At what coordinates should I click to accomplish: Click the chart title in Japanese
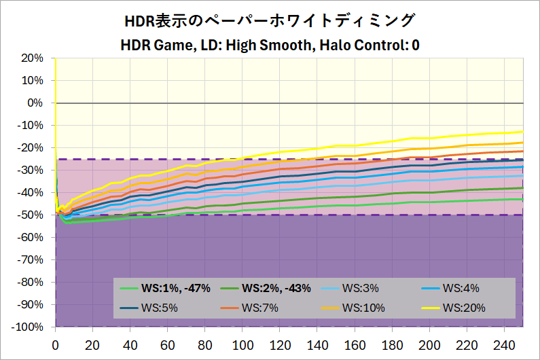[x=270, y=20]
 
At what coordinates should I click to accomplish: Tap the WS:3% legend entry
[x=359, y=287]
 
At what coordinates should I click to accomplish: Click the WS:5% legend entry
[x=159, y=308]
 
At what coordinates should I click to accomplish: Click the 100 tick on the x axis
[x=242, y=344]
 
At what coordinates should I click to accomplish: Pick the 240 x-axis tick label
[x=504, y=344]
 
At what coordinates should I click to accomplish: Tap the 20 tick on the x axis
[x=93, y=344]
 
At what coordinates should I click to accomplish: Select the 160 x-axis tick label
[x=355, y=344]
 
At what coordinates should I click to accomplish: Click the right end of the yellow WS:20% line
[x=522, y=132]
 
